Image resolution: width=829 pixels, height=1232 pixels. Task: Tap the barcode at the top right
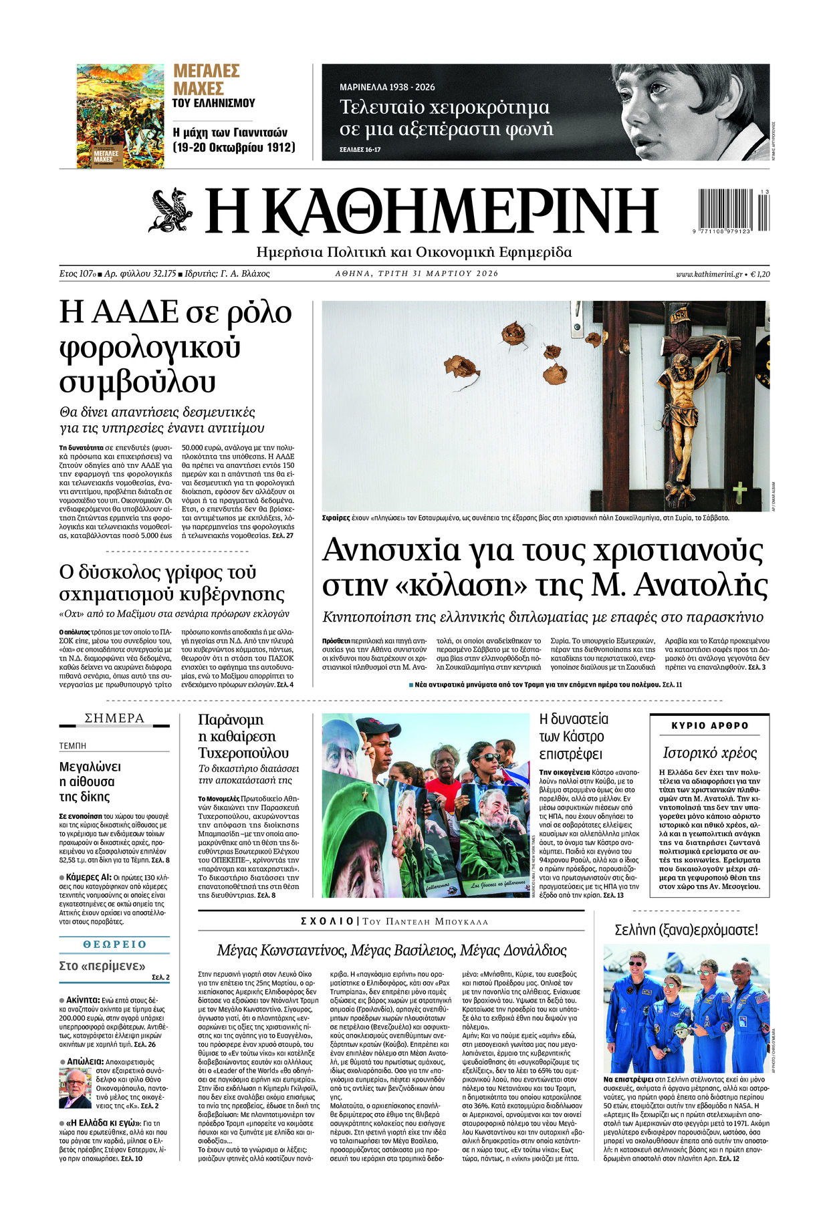[x=733, y=210]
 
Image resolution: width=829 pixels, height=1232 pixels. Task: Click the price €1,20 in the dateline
[x=759, y=274]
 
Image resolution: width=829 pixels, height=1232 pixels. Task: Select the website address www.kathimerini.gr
[x=709, y=274]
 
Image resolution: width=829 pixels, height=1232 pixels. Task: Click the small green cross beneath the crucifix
[x=739, y=493]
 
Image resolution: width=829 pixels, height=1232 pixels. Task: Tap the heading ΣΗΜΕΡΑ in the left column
[x=114, y=719]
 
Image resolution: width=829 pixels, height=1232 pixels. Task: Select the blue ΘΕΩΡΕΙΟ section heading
[x=114, y=944]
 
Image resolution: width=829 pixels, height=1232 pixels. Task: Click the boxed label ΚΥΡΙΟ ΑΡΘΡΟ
[x=709, y=725]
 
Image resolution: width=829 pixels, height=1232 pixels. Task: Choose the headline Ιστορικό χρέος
[x=709, y=753]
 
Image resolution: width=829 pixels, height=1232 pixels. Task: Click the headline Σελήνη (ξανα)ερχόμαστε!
[x=686, y=930]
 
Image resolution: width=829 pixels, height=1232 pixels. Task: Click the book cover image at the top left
[x=120, y=116]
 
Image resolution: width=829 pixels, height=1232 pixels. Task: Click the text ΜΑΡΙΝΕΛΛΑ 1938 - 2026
[x=387, y=88]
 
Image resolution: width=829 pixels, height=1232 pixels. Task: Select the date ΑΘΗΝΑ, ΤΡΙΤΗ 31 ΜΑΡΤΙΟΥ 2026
[x=417, y=273]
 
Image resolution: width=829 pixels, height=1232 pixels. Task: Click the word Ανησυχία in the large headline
[x=391, y=551]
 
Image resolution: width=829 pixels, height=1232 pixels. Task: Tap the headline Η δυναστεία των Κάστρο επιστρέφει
[x=574, y=736]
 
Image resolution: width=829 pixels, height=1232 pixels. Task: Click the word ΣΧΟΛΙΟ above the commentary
[x=327, y=921]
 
